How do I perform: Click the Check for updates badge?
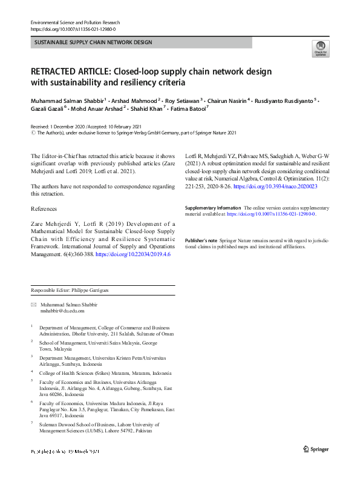pyautogui.click(x=320, y=48)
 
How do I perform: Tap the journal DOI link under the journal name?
pyautogui.click(x=73, y=28)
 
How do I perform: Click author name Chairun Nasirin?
pyautogui.click(x=228, y=100)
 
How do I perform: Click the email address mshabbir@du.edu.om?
pyautogui.click(x=62, y=311)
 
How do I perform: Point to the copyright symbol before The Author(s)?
pyautogui.click(x=33, y=132)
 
